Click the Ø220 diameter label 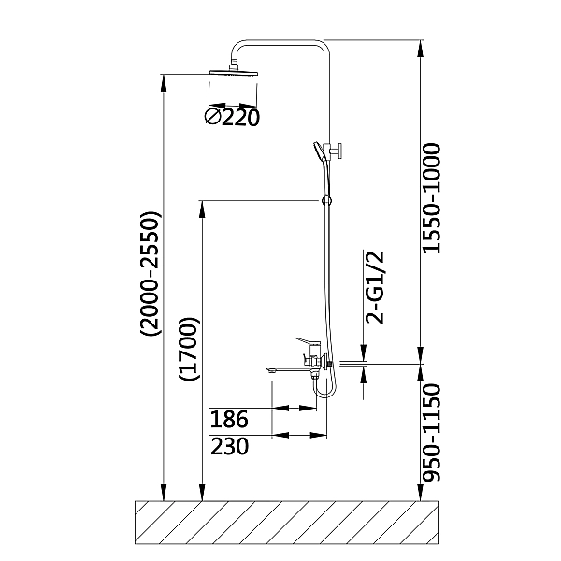(232, 117)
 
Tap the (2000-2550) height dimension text (151, 274)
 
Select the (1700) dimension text (190, 349)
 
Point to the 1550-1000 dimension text (431, 199)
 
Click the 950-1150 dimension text (431, 433)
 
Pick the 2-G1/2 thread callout (375, 287)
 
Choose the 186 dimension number (229, 419)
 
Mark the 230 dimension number (229, 446)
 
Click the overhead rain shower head (234, 72)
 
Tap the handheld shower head (319, 151)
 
